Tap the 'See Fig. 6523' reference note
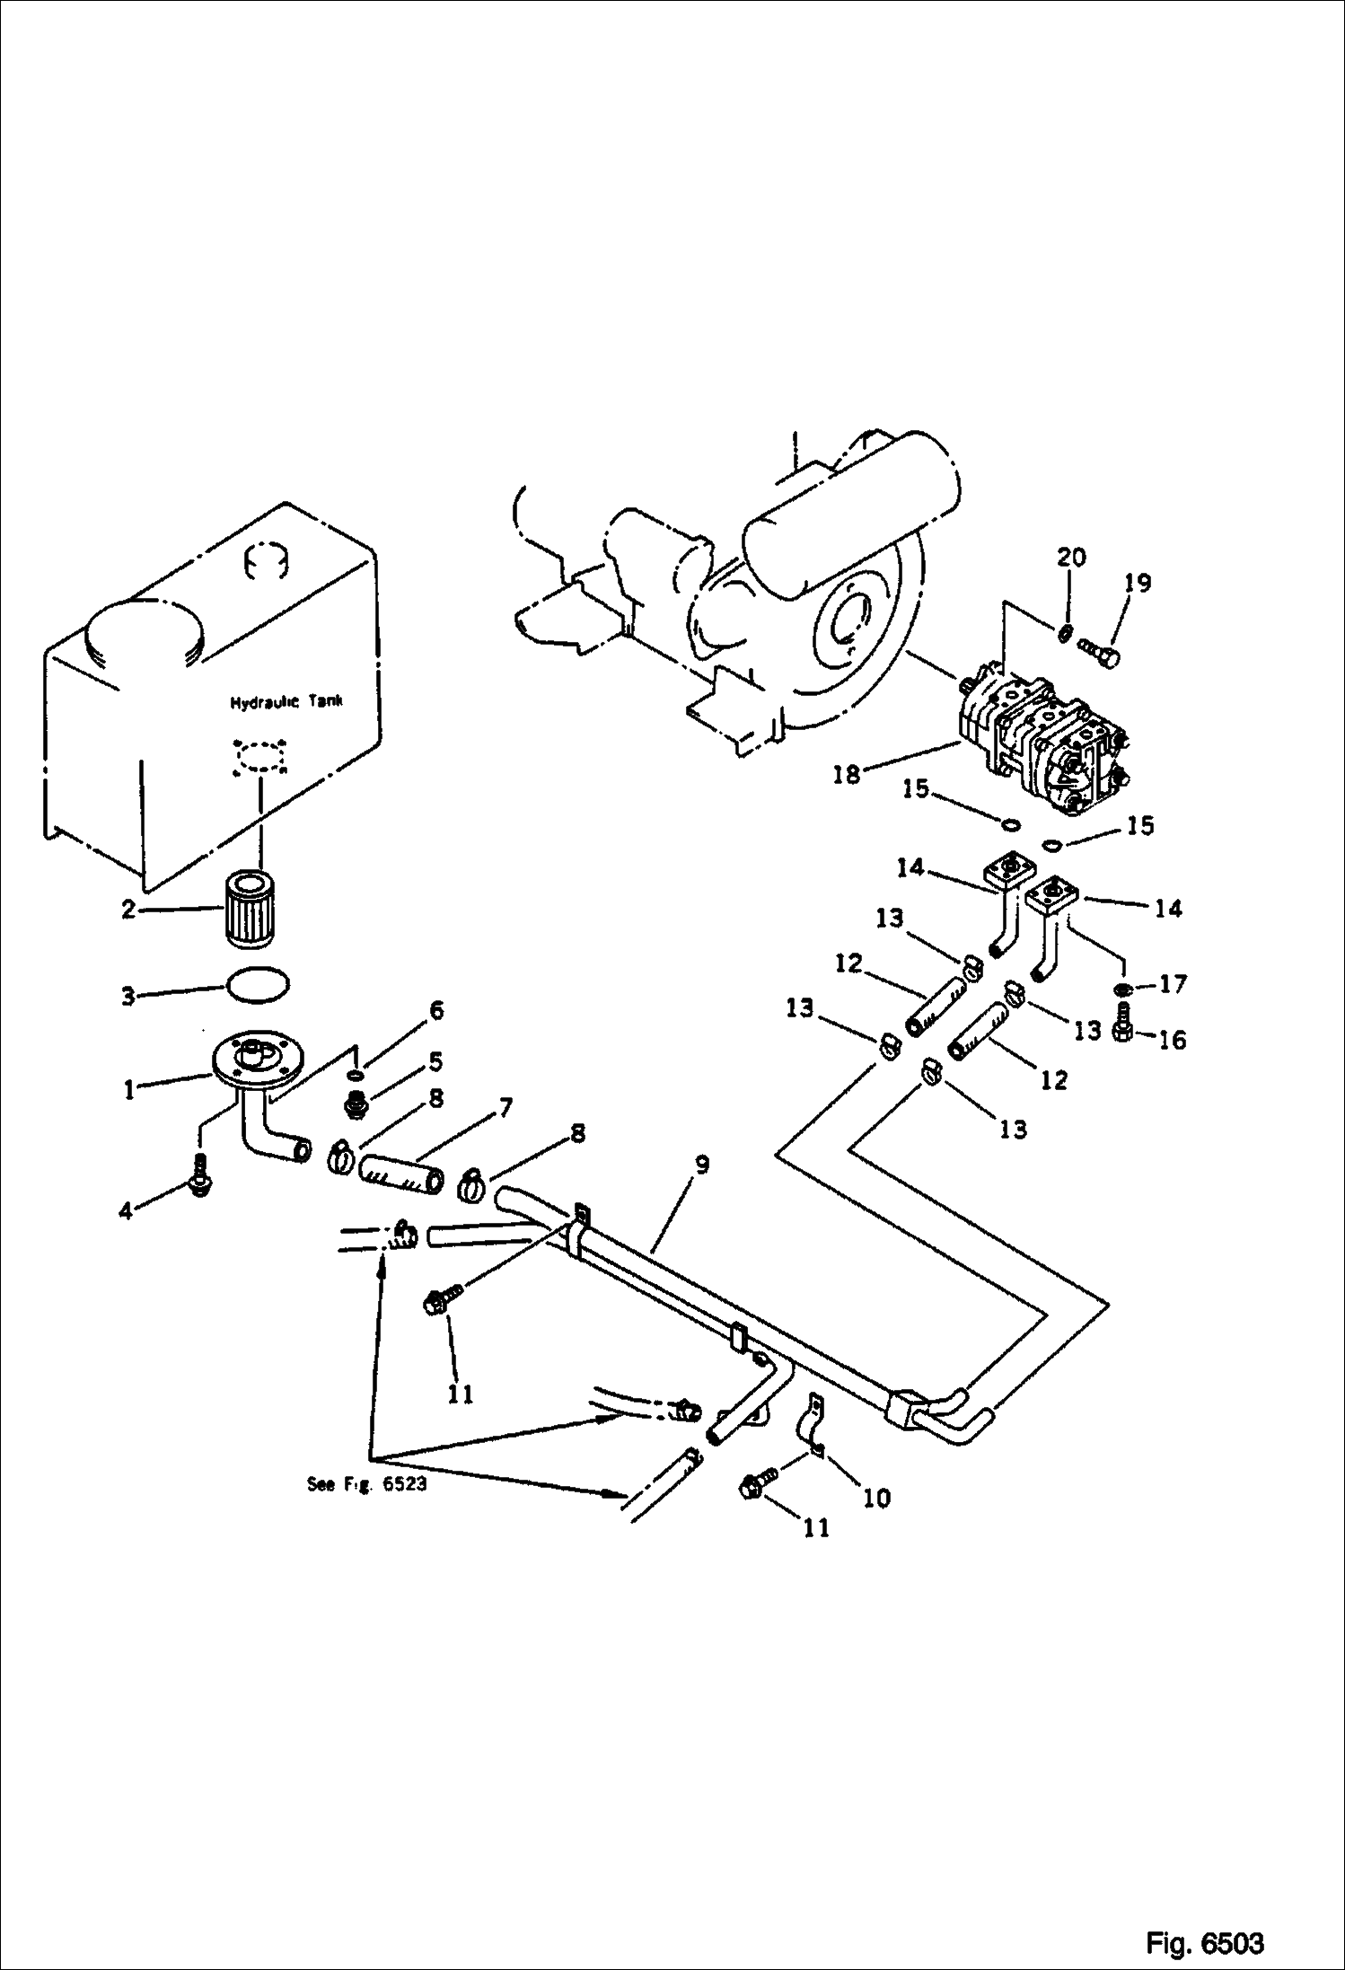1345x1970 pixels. (x=366, y=1484)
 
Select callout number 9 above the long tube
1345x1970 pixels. (x=701, y=1165)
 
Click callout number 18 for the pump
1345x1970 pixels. (x=846, y=773)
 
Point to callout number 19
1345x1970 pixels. (x=1137, y=583)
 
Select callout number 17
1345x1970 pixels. (x=1173, y=983)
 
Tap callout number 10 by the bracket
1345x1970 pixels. (x=876, y=1497)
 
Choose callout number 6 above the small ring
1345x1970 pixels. (x=436, y=1010)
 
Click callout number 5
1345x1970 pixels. (x=435, y=1061)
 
